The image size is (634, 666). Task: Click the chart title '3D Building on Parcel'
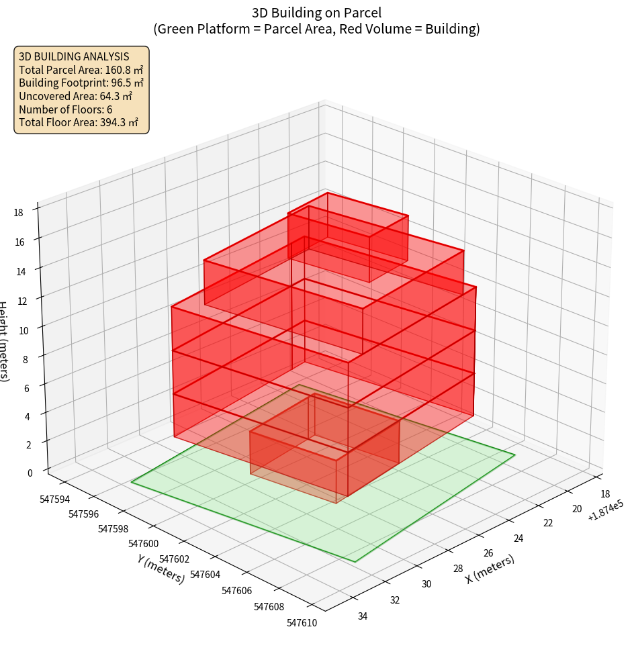(316, 12)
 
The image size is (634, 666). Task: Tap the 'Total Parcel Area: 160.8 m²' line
(81, 69)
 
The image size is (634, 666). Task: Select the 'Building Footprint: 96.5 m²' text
(81, 83)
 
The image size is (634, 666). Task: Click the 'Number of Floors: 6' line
(65, 109)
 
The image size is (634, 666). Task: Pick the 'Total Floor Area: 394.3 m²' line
(78, 122)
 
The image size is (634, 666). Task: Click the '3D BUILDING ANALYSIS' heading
(73, 56)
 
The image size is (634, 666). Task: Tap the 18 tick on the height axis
(19, 213)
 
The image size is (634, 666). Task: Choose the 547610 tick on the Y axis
(302, 623)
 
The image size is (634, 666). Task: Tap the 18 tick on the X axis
(604, 493)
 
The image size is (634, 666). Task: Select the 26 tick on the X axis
(488, 553)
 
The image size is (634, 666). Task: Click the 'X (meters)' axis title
(490, 569)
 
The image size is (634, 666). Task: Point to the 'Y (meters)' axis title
(161, 568)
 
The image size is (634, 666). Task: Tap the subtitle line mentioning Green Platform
(316, 29)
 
